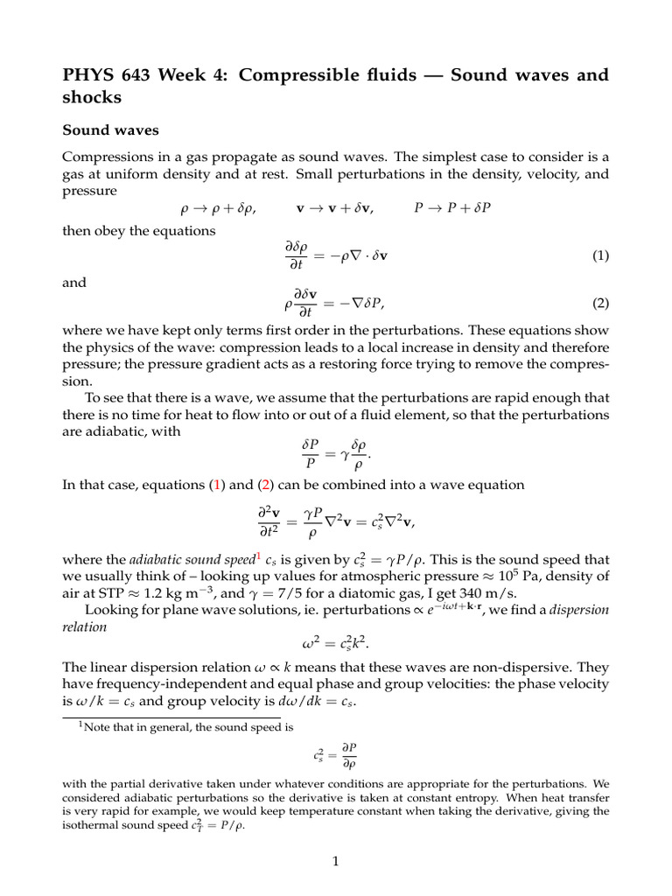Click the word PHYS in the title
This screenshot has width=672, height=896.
coord(90,75)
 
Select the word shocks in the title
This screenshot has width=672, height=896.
coord(92,98)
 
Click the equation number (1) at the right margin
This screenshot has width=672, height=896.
coord(599,256)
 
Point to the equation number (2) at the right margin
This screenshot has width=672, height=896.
coord(599,304)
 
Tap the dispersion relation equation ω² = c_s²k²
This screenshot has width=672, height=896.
coord(335,647)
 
